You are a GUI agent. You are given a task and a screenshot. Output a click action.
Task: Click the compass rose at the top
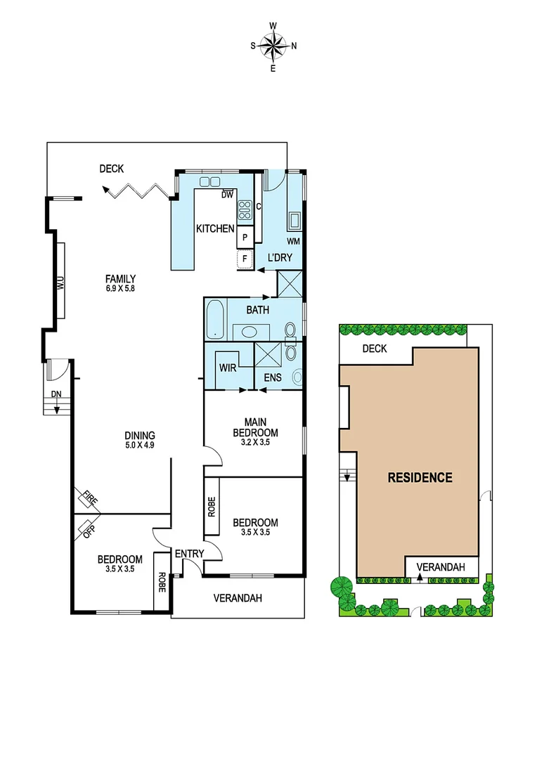(273, 46)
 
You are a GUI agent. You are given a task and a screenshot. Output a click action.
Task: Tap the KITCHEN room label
(214, 228)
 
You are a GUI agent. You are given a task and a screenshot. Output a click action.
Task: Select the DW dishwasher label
(227, 195)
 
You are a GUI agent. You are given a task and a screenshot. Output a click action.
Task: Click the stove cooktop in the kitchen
(245, 209)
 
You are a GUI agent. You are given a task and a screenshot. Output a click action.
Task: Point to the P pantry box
(245, 238)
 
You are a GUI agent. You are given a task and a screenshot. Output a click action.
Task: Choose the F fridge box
(245, 259)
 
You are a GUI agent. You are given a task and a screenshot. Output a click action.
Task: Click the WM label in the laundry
(293, 241)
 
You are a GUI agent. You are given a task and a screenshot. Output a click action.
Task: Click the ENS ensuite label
(273, 378)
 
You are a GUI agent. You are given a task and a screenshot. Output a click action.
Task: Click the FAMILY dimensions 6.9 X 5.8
(120, 288)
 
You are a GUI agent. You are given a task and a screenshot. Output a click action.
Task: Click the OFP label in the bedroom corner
(88, 528)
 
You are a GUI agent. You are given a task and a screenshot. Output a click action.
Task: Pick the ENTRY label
(189, 554)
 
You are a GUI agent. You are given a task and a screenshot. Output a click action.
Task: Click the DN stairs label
(56, 394)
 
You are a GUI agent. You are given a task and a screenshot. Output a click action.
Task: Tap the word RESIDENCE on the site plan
(420, 478)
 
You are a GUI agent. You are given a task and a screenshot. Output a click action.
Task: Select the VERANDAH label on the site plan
(442, 566)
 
